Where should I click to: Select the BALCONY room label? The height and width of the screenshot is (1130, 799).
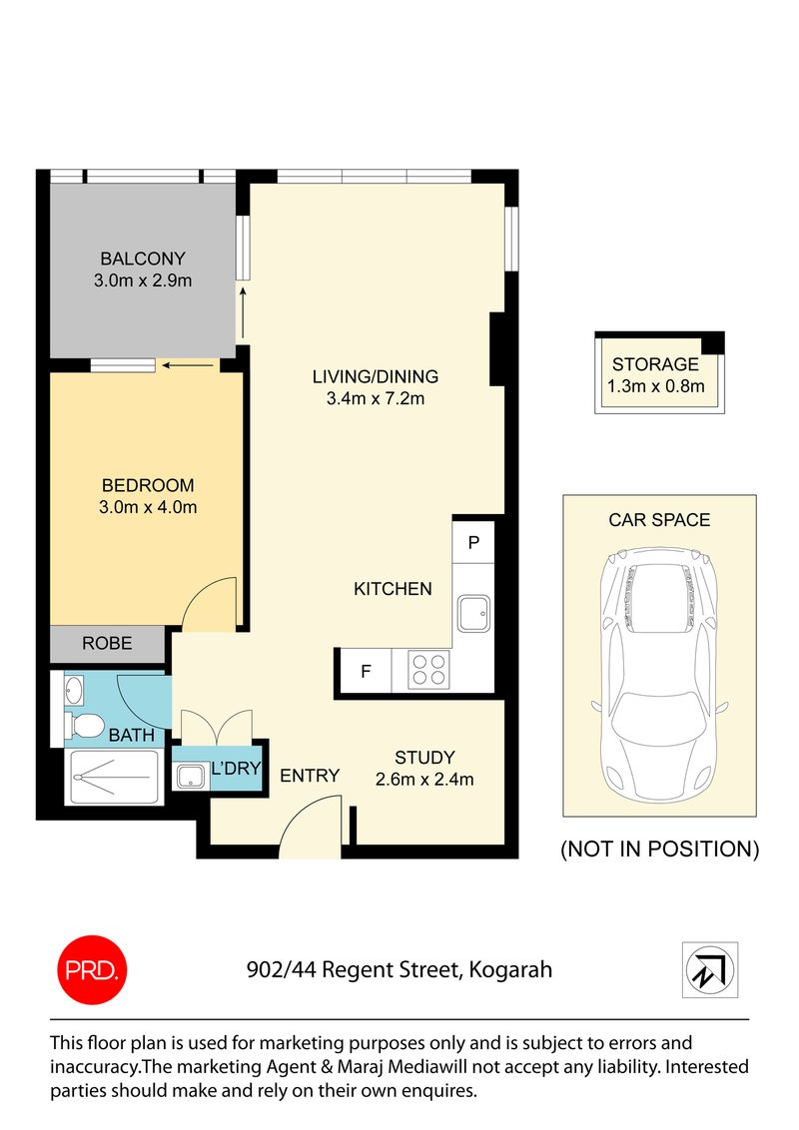point(143,259)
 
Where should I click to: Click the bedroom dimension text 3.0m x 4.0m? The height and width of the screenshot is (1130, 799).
point(148,507)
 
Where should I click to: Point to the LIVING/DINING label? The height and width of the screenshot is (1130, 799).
point(375,376)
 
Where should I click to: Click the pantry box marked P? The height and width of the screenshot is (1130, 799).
point(474,543)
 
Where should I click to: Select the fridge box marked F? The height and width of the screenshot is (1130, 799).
point(366,671)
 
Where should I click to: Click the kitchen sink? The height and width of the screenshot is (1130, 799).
point(474,610)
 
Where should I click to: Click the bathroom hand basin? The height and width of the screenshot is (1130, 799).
point(75,689)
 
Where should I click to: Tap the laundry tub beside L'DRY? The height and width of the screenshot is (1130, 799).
point(188,776)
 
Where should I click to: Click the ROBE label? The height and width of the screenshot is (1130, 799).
point(107,644)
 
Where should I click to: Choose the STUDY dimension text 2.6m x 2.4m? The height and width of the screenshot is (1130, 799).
point(424,779)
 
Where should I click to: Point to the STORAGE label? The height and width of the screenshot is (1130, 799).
point(655,364)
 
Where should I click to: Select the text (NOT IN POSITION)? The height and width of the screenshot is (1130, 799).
point(659,849)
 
